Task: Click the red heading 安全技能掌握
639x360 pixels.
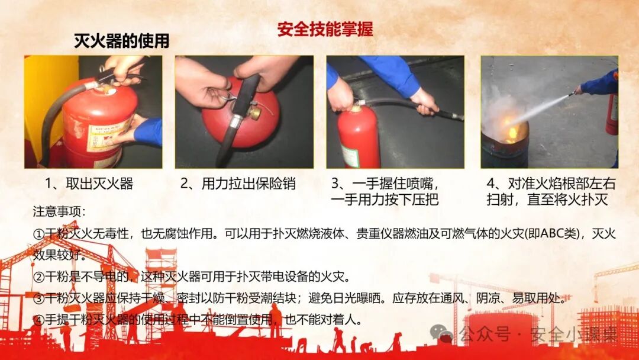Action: pos(325,30)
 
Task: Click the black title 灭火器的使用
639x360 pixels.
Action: pos(121,41)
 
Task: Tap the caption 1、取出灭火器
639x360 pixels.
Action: pos(89,184)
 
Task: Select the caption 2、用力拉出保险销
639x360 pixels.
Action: pos(238,184)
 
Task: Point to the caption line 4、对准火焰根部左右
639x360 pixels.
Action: pos(551,184)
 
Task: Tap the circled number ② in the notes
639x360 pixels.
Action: pos(38,277)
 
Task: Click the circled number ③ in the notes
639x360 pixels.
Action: pos(38,298)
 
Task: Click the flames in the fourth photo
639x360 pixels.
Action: pos(512,127)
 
